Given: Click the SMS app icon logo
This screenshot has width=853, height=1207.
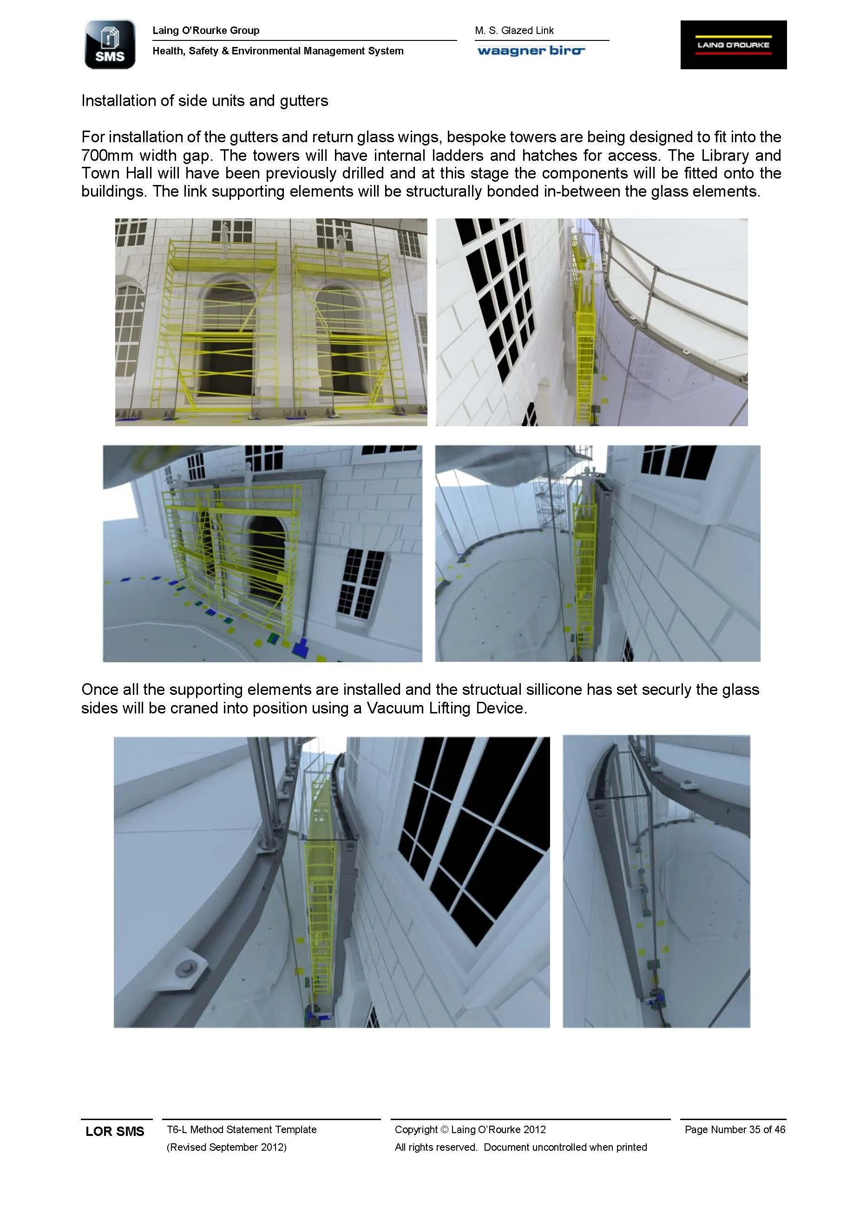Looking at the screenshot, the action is coord(110,45).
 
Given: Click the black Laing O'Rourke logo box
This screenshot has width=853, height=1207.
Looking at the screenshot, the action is coord(733,45).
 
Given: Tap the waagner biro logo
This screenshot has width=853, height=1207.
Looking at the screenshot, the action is coord(531,51).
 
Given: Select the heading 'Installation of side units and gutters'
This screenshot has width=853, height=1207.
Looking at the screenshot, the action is coord(204,100).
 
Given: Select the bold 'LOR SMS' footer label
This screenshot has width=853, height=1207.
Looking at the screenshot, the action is coord(115,1131).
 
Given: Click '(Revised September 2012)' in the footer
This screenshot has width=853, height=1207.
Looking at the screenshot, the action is coord(227,1147).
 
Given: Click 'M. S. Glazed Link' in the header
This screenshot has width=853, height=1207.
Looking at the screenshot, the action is coord(514,31).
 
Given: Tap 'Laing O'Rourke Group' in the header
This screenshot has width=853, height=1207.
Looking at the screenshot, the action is coord(206,31).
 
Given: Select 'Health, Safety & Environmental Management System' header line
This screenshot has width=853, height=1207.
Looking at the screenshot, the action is coord(278,51).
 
